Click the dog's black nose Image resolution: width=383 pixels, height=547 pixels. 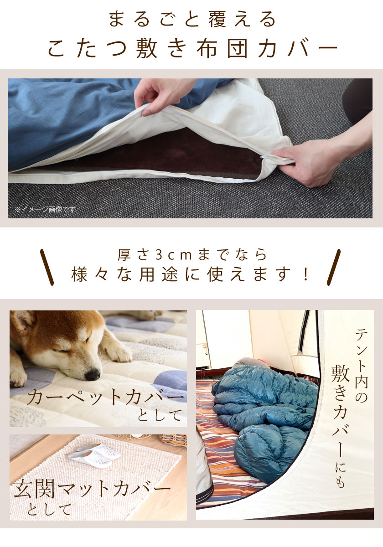tap(93, 374)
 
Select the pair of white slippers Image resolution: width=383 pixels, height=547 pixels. tap(93, 454)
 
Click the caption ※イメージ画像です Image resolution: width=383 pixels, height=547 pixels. tap(45, 210)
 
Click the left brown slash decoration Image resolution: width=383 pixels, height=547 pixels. tap(47, 267)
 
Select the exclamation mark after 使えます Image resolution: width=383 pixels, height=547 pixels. tap(305, 274)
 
